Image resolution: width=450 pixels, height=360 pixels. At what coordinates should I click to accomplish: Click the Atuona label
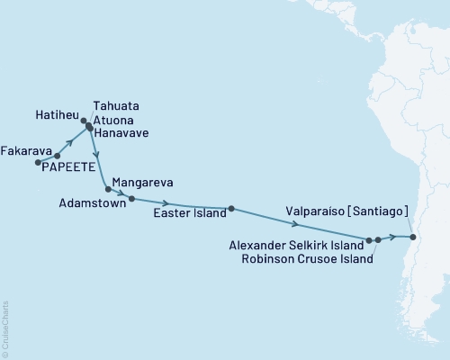[x=112, y=119]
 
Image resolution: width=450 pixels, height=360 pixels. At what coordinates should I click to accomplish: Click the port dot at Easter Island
[x=231, y=209]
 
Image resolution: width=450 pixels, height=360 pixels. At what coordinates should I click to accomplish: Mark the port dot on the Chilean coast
[x=412, y=238]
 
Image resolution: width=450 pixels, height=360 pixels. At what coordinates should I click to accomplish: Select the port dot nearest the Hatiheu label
[x=84, y=121]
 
